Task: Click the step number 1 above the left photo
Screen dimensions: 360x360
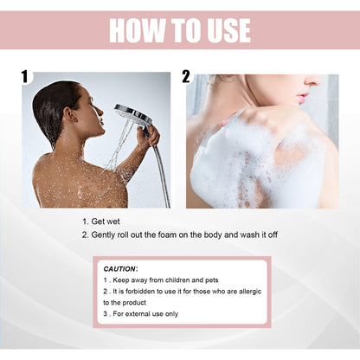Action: [x=26, y=77]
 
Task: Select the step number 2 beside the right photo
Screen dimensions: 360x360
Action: [x=186, y=77]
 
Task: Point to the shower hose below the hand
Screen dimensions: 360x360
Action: [x=161, y=177]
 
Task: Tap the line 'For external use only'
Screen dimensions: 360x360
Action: [x=147, y=313]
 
